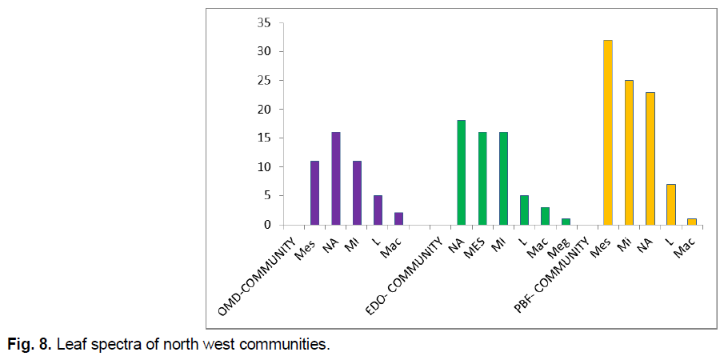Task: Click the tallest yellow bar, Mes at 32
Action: click(608, 132)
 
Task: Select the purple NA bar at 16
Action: click(336, 178)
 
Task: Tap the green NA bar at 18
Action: click(462, 173)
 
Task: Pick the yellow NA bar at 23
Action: click(650, 158)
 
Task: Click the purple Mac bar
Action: click(398, 218)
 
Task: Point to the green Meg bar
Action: click(566, 222)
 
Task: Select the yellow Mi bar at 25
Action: click(629, 152)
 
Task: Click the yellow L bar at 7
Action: click(670, 204)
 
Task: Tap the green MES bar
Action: click(482, 178)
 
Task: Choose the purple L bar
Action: click(378, 210)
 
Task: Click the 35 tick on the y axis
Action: click(262, 22)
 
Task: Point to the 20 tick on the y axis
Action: click(262, 109)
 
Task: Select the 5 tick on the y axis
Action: click(266, 195)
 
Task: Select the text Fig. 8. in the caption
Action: click(27, 346)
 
